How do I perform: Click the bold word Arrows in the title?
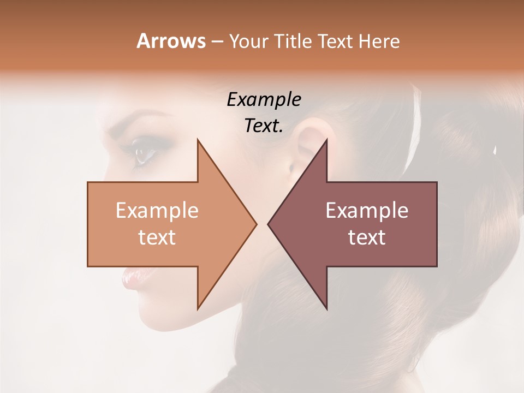[x=171, y=41]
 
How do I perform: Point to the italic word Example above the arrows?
[x=264, y=100]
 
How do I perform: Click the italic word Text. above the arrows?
[x=264, y=126]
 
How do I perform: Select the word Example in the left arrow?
[x=157, y=211]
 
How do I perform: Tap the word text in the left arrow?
[x=157, y=237]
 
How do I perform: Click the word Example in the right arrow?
[x=367, y=211]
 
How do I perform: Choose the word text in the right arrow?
[x=367, y=237]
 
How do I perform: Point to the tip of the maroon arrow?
[x=269, y=224]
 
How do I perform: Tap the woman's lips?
[x=131, y=279]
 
